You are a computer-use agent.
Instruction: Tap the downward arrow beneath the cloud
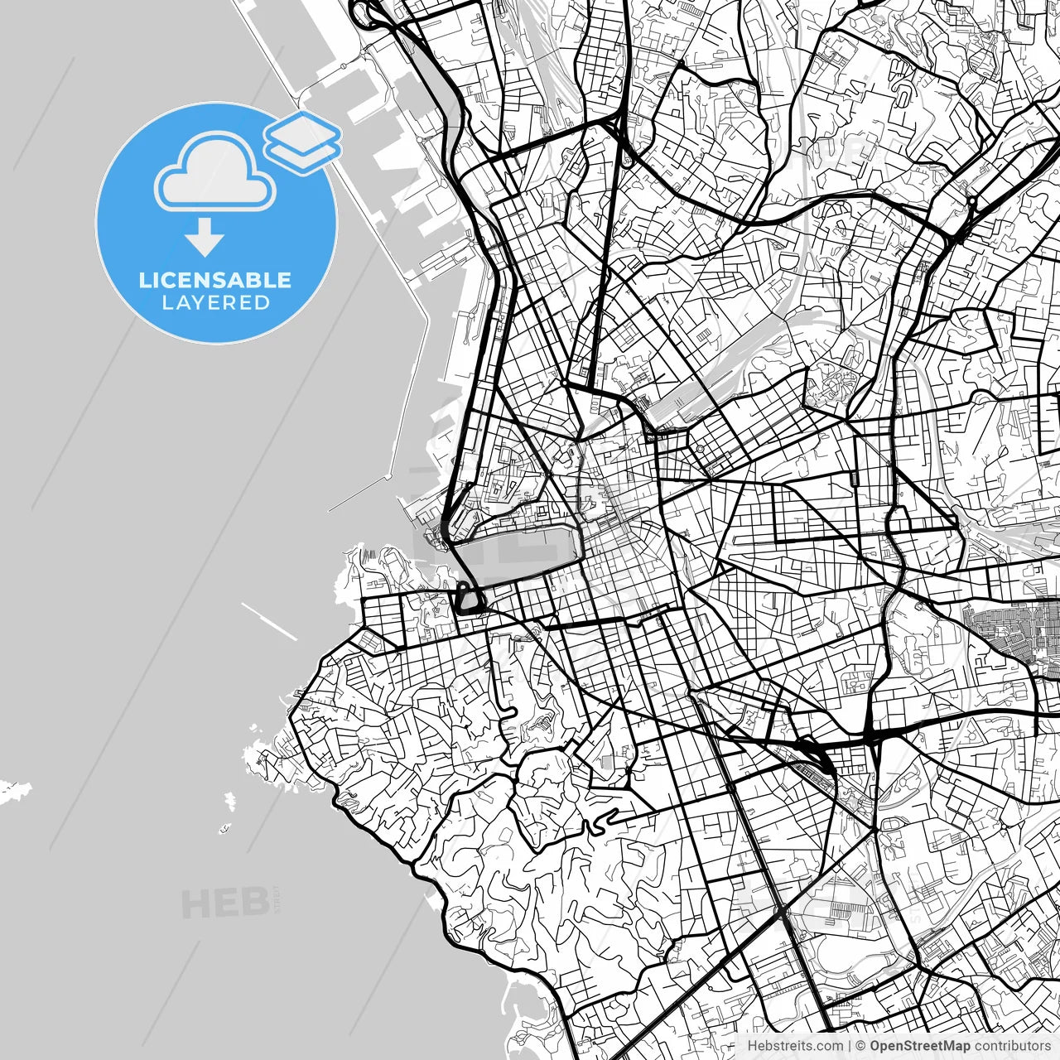205,238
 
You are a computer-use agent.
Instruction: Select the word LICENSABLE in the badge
215,280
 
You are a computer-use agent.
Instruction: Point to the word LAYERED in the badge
215,303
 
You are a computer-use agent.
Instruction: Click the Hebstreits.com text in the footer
795,1046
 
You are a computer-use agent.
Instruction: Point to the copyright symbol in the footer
860,1046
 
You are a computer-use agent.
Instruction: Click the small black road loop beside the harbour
469,599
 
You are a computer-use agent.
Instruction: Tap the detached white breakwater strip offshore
269,621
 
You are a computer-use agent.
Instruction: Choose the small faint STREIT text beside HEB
277,898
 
